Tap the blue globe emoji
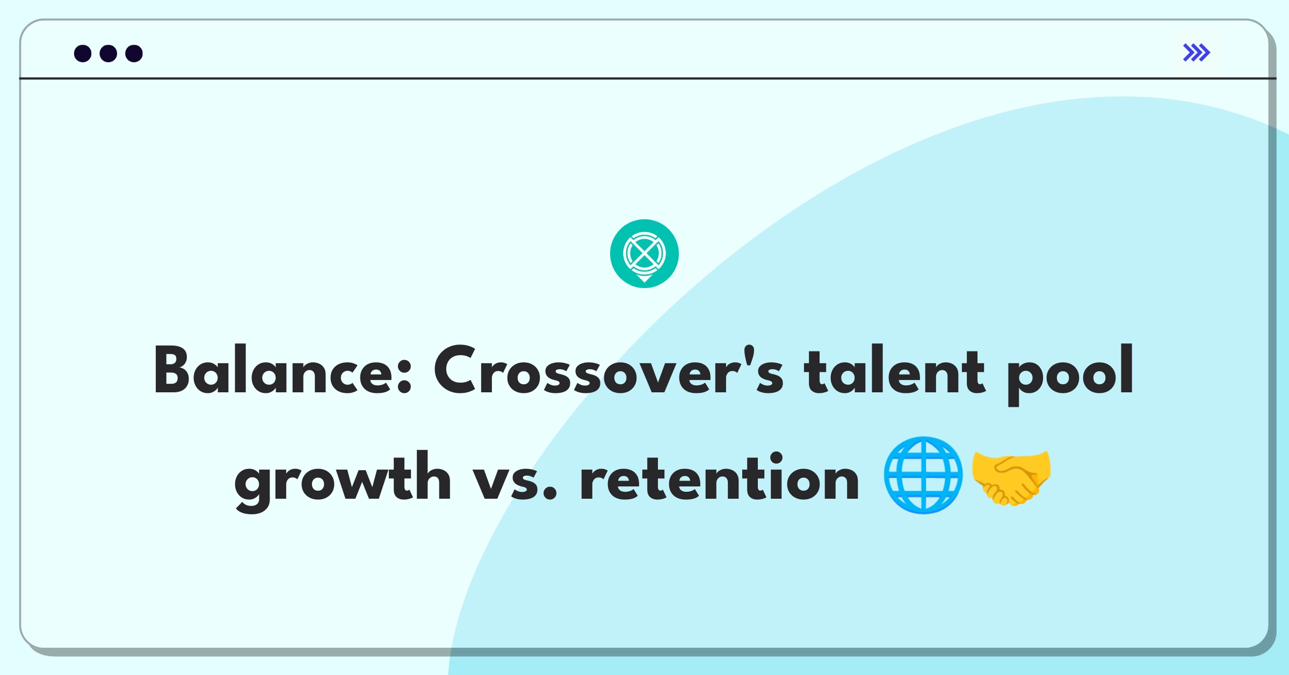923,475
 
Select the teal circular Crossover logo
644,254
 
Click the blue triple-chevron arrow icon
1196,53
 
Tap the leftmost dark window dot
83,53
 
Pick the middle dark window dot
108,53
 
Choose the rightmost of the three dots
134,53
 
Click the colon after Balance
405,376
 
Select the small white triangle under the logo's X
644,278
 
